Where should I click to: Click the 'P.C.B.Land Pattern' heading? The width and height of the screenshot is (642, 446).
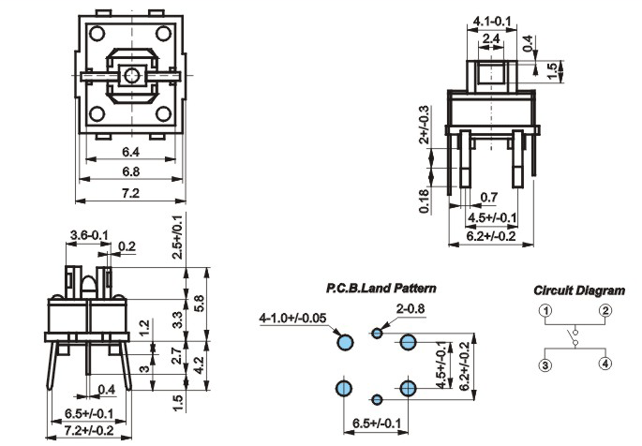[381, 289]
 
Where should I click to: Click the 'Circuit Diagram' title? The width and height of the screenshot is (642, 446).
[579, 290]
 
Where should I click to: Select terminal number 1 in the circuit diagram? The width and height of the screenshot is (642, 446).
[545, 310]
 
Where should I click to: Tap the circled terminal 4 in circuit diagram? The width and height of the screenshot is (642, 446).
[605, 364]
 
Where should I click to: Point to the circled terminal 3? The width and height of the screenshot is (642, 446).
[545, 365]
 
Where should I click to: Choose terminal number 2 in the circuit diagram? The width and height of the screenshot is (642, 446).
[605, 310]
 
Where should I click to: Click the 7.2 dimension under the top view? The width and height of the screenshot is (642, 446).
[130, 193]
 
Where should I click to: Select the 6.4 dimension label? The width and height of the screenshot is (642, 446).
[130, 152]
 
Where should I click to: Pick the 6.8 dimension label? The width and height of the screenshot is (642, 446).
[130, 171]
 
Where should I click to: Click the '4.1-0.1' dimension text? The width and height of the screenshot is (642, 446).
[492, 21]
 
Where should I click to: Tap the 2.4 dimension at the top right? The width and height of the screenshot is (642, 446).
[491, 38]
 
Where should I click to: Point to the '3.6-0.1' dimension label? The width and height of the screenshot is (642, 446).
[89, 235]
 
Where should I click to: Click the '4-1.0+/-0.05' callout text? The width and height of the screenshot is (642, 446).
[292, 318]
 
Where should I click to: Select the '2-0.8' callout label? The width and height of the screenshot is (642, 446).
[411, 308]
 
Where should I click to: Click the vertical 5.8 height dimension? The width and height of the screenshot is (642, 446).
[200, 304]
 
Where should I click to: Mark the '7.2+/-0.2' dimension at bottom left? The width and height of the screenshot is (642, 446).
[89, 430]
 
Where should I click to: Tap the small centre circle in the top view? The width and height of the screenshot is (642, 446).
[131, 75]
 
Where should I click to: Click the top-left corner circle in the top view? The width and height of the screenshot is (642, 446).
[97, 34]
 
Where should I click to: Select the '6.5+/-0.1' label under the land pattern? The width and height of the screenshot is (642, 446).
[376, 424]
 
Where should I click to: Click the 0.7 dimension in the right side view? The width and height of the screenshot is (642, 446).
[489, 197]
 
